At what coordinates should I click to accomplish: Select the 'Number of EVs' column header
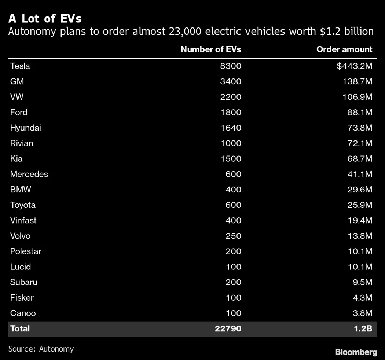(211, 49)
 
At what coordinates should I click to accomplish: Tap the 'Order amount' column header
(344, 49)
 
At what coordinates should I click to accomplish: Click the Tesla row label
(20, 66)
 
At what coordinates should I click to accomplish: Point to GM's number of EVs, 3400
(231, 82)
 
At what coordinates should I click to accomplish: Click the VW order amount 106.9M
(357, 97)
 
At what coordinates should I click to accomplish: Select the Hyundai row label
(26, 128)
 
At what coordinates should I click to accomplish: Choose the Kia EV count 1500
(231, 159)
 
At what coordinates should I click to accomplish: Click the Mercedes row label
(29, 174)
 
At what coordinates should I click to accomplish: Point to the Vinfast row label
(23, 220)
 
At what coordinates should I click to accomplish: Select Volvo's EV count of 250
(233, 236)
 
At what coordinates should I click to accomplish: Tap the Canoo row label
(23, 313)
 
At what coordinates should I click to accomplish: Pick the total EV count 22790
(228, 328)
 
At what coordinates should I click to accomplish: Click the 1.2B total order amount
(363, 328)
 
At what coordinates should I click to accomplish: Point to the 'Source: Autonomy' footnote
(41, 349)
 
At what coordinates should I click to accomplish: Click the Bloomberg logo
(356, 352)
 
